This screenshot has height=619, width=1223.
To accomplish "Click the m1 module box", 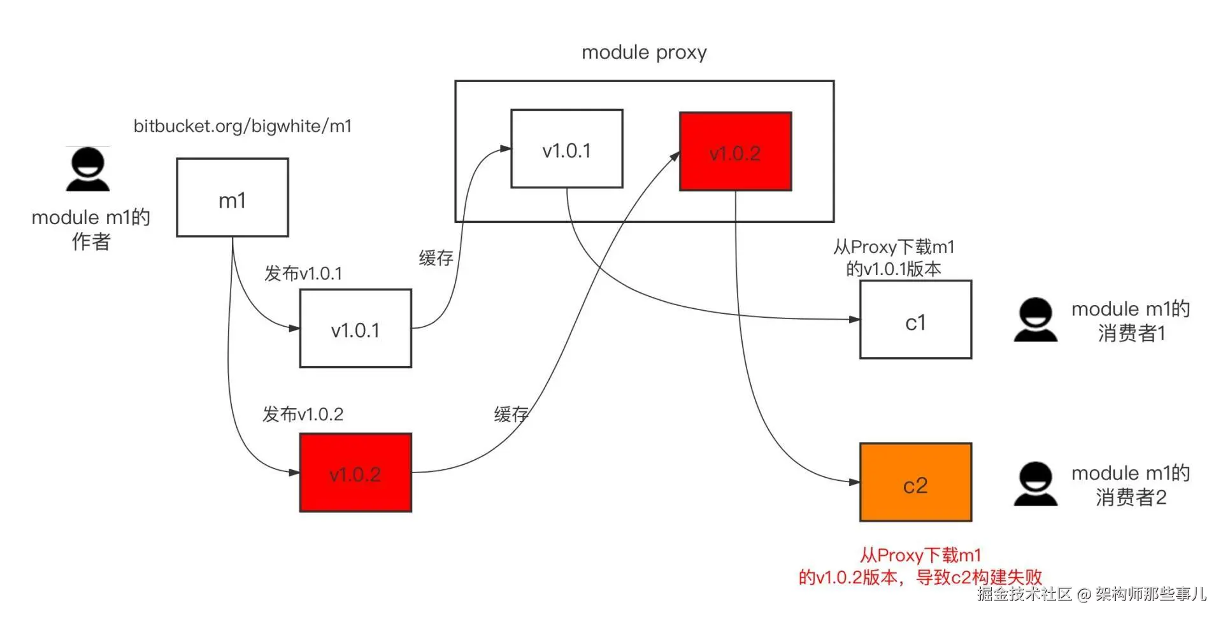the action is [232, 197].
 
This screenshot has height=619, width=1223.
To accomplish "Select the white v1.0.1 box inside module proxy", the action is [567, 148].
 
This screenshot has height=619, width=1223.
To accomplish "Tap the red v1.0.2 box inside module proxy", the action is [736, 152].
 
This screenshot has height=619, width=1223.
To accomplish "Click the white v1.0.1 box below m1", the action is [355, 329].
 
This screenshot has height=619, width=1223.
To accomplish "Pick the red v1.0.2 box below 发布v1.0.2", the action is [355, 473].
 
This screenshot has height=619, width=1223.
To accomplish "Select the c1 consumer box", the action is [916, 320].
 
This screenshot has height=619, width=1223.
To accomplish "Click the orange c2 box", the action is [916, 483].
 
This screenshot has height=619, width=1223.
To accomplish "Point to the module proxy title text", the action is [644, 52].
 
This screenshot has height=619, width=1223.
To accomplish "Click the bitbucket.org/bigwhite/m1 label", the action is [242, 126].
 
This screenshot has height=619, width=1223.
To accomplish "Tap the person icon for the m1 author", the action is [88, 169].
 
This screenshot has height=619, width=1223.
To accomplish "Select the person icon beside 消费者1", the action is [1036, 320].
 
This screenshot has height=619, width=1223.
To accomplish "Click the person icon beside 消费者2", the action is [1036, 484].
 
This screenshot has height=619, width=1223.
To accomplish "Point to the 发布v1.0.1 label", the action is [303, 274].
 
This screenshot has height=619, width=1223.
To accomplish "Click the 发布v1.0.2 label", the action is [303, 415].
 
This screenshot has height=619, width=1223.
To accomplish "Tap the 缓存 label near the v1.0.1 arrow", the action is [436, 258].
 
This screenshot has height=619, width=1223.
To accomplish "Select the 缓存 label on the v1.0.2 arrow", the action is [511, 415].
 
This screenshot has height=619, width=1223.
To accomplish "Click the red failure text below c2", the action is [920, 566].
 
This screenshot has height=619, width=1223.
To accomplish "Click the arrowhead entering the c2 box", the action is [855, 482].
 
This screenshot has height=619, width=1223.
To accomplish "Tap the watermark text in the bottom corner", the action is [1092, 594].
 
